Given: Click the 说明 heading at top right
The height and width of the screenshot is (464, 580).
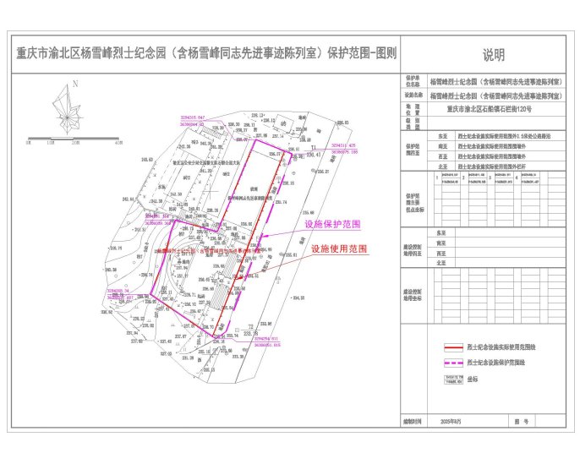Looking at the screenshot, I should tap(493, 56).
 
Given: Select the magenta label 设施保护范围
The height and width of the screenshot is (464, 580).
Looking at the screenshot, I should tap(332, 226).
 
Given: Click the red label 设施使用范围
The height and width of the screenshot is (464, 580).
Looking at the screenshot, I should tap(338, 249).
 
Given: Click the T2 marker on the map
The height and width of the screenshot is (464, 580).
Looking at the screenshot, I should tap(250, 326).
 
